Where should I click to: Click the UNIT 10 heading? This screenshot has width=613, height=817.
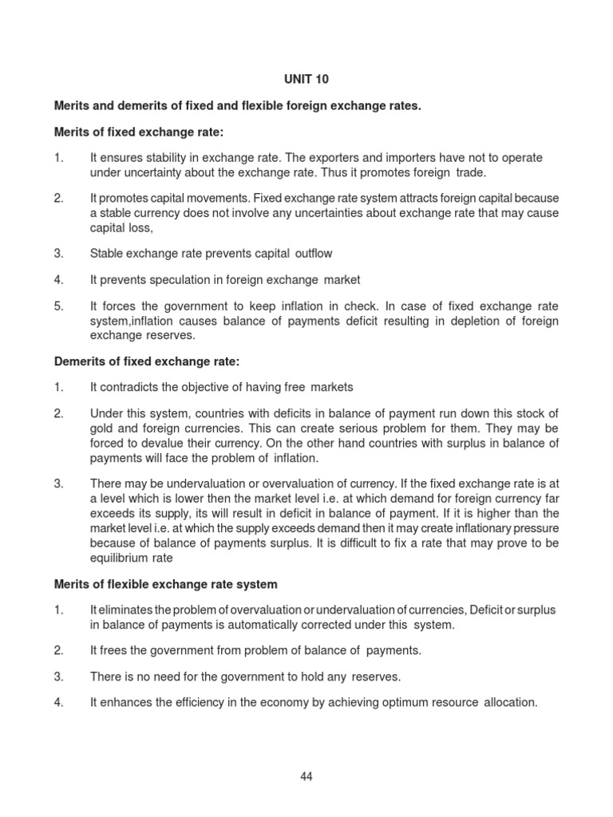tap(306, 80)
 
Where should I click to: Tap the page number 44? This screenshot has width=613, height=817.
tap(306, 777)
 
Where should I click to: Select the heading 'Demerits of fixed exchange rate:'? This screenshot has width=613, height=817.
tap(147, 361)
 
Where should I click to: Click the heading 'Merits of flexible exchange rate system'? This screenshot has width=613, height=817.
tap(165, 584)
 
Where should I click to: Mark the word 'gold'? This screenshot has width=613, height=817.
tap(102, 428)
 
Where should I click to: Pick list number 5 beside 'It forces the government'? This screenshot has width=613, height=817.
tap(58, 306)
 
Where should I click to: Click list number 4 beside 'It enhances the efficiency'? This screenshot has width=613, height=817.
tap(58, 703)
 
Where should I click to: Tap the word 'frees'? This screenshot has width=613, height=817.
tap(113, 650)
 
